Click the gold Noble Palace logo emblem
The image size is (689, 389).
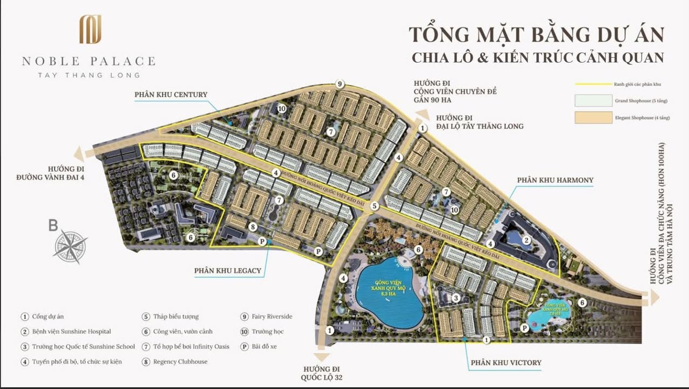point(90,29)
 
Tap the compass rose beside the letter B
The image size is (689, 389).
point(71,246)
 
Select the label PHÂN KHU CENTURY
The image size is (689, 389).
point(171,95)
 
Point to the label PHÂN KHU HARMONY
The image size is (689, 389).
point(555,180)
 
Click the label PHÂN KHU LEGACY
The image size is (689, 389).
point(228,271)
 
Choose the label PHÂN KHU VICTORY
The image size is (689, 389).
point(505,363)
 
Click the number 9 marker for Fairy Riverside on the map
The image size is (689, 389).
point(340,84)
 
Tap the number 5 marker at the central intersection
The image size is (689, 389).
point(375,206)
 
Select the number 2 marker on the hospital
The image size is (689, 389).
point(525,240)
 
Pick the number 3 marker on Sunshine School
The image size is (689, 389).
point(456,298)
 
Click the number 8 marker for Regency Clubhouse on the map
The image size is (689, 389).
point(252,226)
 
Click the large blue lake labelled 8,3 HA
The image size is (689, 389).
point(389,292)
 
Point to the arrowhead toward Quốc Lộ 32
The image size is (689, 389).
point(322,356)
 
